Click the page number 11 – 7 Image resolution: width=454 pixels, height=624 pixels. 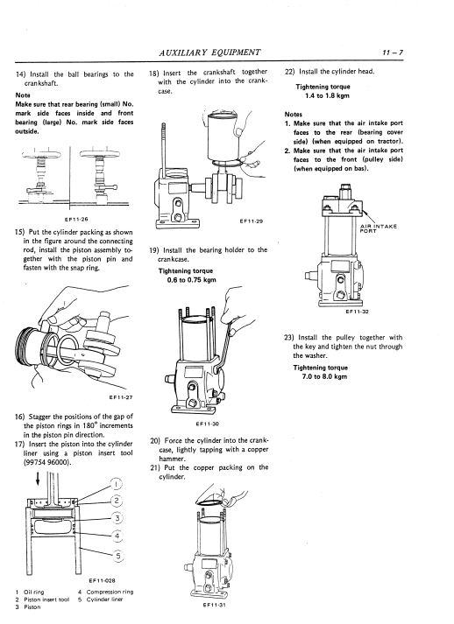393,53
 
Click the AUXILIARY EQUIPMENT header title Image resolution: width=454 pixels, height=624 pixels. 209,53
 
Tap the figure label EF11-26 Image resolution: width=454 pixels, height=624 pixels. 76,219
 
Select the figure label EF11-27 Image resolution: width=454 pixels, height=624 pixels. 120,396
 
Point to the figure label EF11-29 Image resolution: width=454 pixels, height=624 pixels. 252,221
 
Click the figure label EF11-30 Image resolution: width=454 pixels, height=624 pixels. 207,424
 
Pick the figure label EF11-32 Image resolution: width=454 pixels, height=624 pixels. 357,312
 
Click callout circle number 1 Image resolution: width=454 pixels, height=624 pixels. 116,484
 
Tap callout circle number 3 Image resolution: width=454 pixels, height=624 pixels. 117,518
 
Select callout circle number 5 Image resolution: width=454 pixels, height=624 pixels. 118,555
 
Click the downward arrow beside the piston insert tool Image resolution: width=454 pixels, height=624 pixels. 38,478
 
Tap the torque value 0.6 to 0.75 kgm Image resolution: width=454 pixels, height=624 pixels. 191,280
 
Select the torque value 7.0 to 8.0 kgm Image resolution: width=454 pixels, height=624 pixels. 324,376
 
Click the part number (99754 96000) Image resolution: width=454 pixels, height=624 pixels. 47,462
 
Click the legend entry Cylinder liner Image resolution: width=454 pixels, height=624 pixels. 104,599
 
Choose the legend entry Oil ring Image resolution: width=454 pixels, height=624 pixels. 34,592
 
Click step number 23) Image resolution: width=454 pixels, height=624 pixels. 288,338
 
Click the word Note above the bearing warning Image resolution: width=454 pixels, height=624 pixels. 23,95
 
